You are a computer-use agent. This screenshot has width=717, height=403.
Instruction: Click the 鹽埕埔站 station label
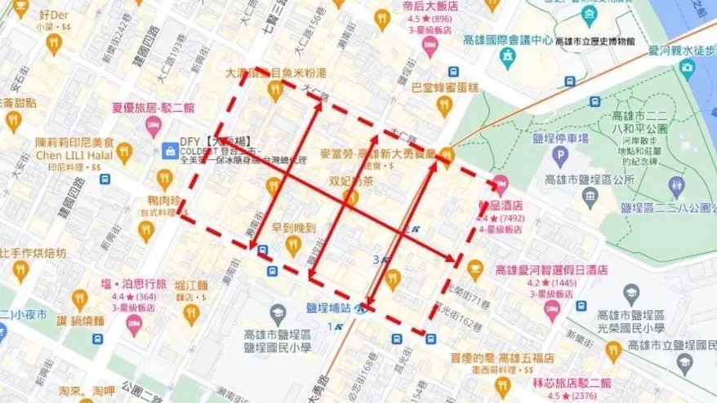pyautogui.click(x=328, y=308)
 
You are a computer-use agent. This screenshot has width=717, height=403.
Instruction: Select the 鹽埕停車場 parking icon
pyautogui.click(x=559, y=155)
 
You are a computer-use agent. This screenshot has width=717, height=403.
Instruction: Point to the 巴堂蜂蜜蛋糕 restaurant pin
pyautogui.click(x=444, y=104)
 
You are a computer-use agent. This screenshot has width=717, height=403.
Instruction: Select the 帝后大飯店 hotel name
pyautogui.click(x=430, y=5)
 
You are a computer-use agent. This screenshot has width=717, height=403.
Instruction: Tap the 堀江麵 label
pyautogui.click(x=192, y=285)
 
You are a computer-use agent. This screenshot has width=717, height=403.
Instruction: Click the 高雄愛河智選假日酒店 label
pyautogui.click(x=551, y=269)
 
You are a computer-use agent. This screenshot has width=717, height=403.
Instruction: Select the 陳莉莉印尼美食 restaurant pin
pyautogui.click(x=124, y=153)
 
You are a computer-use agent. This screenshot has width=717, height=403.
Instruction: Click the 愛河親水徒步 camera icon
pyautogui.click(x=686, y=67)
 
